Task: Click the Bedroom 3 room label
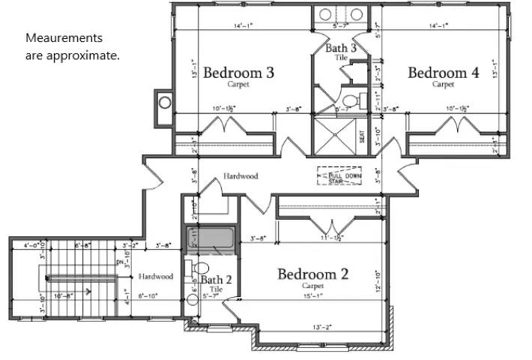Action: pos(238,73)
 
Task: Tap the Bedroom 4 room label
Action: pos(443,73)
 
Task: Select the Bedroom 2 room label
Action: pos(312,274)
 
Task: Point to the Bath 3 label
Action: pos(342,49)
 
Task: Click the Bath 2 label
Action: pos(216,280)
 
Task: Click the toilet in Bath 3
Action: pos(350,100)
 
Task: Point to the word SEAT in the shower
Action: pos(361,137)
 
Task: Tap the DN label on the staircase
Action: pos(120,262)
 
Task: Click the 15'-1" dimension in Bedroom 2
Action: pos(312,295)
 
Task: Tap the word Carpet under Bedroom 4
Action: pos(443,85)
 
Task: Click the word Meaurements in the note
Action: pos(64,37)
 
